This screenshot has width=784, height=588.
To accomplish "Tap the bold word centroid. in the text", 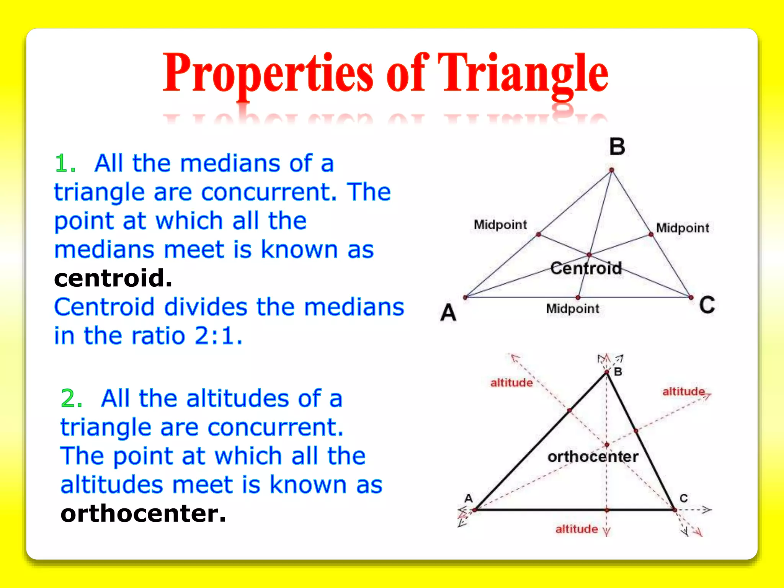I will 113,278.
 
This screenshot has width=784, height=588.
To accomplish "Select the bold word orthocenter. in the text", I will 143,513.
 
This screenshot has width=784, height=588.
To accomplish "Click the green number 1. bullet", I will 65,164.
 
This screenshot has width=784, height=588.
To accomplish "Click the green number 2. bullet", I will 72,399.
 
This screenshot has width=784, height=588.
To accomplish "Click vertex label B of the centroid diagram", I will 617,147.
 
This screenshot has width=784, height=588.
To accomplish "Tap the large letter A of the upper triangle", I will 448,312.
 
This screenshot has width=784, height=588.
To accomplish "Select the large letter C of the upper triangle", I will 707,305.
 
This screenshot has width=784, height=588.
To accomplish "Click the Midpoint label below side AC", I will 572,309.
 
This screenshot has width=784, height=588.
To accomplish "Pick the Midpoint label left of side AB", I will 500,225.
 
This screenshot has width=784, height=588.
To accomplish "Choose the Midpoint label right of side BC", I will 683,228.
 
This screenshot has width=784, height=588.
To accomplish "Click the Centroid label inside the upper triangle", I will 586,268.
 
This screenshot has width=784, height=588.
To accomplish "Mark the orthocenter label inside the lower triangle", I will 593,457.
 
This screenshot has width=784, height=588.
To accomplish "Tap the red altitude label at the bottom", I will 577,529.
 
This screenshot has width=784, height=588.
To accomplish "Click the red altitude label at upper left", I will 511,383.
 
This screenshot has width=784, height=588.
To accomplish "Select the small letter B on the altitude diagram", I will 618,372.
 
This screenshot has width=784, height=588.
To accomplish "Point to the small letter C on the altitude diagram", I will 684,498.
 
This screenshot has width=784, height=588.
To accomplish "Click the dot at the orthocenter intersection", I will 607,445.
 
